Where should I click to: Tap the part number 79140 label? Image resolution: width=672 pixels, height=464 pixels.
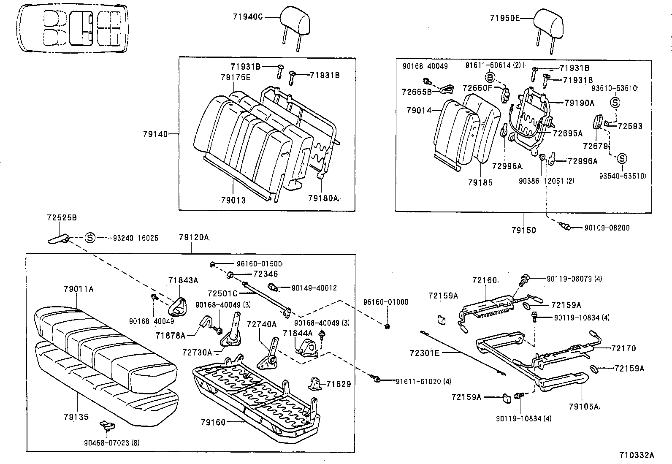[155, 134]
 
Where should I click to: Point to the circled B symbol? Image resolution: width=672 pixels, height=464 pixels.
[490, 77]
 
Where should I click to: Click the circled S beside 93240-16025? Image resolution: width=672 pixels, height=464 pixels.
[90, 238]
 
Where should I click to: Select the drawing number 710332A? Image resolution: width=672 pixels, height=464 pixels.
[637, 455]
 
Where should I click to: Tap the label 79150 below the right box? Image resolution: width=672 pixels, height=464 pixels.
[523, 230]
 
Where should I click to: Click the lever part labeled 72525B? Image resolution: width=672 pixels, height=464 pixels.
[58, 239]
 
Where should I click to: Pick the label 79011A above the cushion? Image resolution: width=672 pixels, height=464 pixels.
[79, 289]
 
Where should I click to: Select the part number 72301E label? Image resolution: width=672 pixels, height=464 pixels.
[425, 352]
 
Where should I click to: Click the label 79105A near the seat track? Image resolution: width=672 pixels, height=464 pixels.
[584, 407]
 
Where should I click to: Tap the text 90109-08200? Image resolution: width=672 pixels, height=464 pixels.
[607, 228]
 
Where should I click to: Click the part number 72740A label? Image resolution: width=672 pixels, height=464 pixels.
[261, 324]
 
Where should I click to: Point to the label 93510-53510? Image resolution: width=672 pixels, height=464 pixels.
[614, 88]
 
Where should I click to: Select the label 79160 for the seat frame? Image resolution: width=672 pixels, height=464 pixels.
[213, 422]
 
